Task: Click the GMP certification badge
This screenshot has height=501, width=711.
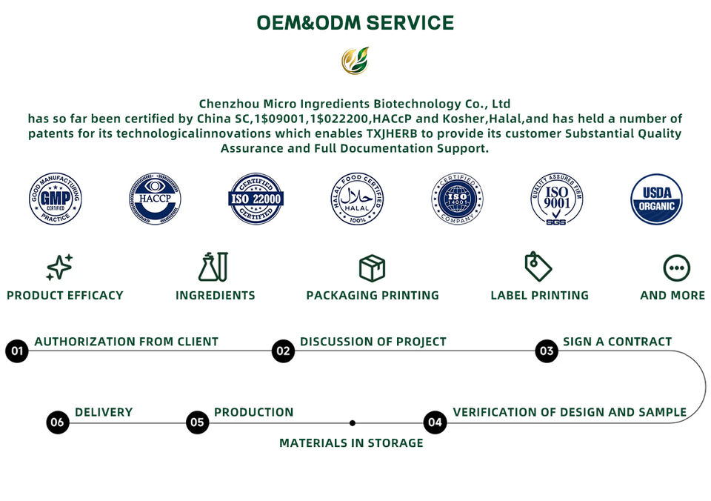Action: point(56,199)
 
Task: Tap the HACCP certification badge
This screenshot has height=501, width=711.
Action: point(155,199)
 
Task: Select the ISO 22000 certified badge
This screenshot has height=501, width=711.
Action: point(256,199)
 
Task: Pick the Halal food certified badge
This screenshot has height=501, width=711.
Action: point(357,199)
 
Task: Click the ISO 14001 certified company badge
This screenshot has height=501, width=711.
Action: point(458,199)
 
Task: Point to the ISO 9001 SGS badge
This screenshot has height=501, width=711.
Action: point(557,199)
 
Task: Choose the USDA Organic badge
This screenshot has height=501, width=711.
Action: point(656,199)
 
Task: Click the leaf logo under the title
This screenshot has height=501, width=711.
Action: point(355,61)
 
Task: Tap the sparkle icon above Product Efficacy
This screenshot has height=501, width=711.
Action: point(59,267)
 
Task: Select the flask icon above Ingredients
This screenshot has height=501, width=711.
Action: point(213,267)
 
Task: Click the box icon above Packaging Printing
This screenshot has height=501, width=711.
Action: point(372,267)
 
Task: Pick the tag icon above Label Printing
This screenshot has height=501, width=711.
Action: point(538,267)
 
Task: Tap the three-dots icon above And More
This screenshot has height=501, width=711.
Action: point(676,268)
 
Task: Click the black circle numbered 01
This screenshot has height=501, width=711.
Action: point(17,351)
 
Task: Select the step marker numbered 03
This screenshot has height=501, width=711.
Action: point(547,351)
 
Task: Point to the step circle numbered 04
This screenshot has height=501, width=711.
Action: point(435,423)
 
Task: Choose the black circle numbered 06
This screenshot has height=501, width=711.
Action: point(58,423)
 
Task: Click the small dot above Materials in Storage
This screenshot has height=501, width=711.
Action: point(353,423)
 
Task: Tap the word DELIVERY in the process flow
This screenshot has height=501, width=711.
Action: point(104,412)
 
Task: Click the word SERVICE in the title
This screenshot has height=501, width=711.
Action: point(410,23)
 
